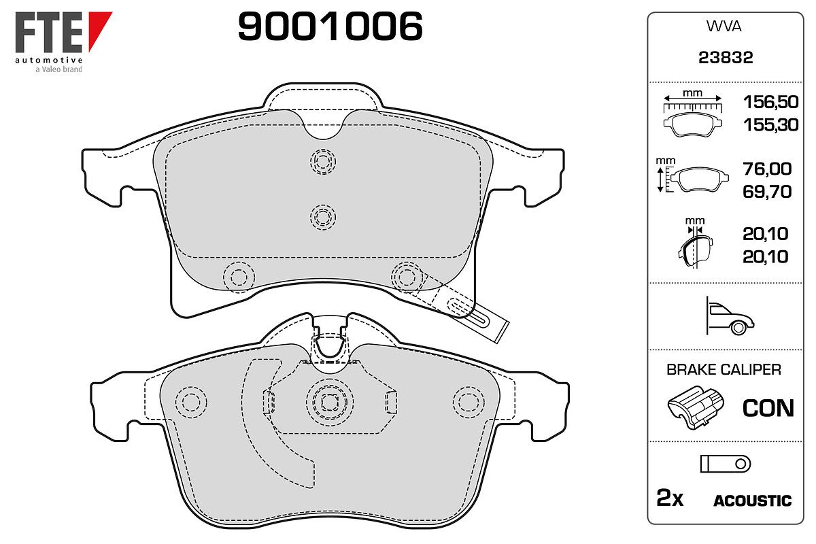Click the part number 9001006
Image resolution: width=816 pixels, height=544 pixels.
tap(330, 26)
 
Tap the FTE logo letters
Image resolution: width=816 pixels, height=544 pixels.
tap(49, 33)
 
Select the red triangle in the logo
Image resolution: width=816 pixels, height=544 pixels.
tap(99, 29)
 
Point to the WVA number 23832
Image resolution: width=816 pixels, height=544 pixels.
tap(726, 58)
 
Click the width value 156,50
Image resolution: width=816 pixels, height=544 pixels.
tap(770, 102)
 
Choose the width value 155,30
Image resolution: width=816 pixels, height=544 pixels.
tap(770, 125)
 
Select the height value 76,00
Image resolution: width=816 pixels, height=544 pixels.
tap(767, 169)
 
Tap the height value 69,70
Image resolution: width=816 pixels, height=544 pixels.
tap(767, 192)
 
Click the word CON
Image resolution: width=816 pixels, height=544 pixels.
tap(768, 408)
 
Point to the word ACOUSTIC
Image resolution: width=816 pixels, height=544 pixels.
tap(752, 500)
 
